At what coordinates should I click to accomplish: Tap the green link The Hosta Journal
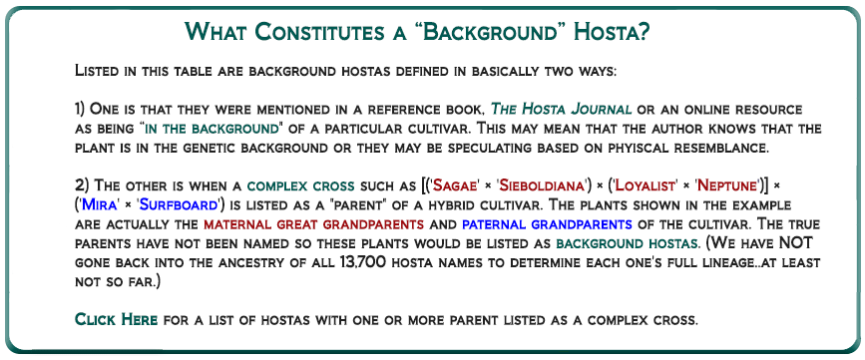[x=561, y=109]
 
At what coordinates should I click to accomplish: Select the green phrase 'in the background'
[x=211, y=129]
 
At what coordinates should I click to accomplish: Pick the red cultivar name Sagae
[x=456, y=185]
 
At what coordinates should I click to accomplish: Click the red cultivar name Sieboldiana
[x=542, y=185]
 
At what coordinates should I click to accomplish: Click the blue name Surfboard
[x=177, y=205]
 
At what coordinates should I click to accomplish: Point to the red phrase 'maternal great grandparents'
[x=313, y=224]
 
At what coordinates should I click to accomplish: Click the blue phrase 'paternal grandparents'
[x=547, y=224]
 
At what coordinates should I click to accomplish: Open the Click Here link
[x=117, y=319]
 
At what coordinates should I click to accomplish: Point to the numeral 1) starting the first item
[x=80, y=109]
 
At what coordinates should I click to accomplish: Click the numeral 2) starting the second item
[x=81, y=185]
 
